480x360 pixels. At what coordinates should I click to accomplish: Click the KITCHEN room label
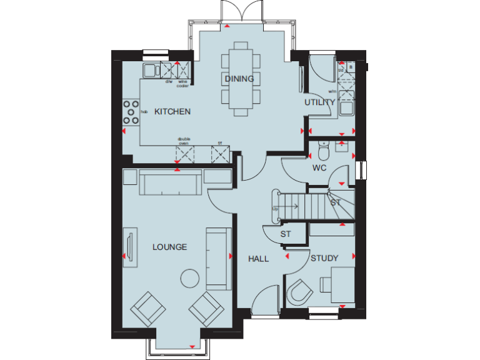point(172,112)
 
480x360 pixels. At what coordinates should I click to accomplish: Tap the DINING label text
point(239,79)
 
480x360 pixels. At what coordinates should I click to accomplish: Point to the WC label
point(319,168)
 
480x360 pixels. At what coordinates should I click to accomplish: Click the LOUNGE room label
point(169,247)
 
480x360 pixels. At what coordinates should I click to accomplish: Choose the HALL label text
point(258,258)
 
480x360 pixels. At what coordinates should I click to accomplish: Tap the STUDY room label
point(324,258)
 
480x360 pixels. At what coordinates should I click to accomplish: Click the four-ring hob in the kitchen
point(131,112)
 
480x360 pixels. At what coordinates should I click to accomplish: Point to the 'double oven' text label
point(184,141)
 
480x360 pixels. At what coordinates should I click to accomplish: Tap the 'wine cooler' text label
point(182,83)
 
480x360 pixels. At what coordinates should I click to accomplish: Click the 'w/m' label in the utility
point(332,91)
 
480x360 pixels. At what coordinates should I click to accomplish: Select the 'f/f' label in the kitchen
point(219,142)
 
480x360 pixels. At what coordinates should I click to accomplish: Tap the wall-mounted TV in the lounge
point(129,248)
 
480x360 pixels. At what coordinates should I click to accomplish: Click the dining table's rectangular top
point(239,79)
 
